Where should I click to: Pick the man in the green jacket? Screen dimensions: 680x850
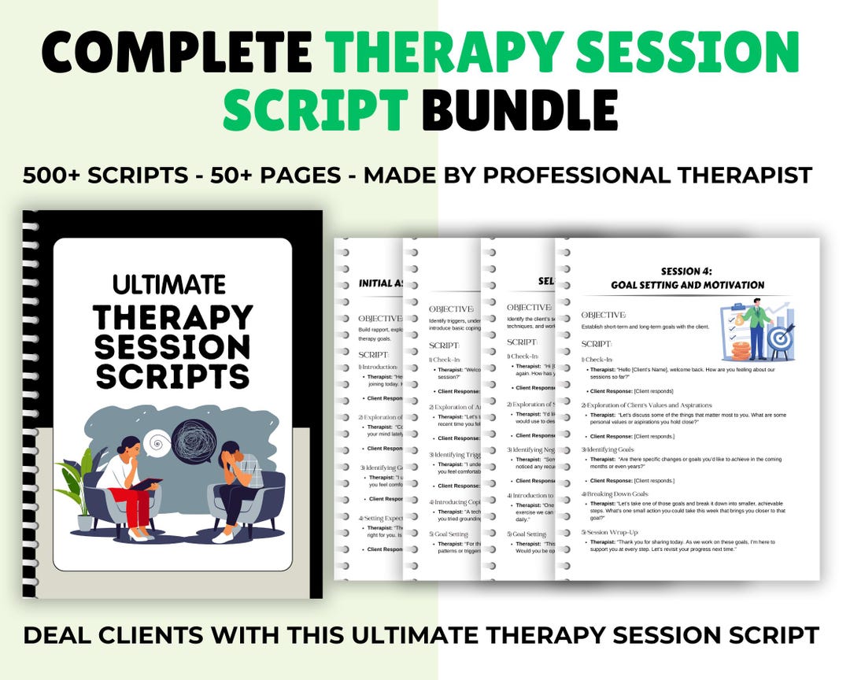(756, 327)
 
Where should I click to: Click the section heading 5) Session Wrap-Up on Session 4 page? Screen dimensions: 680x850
(613, 531)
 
